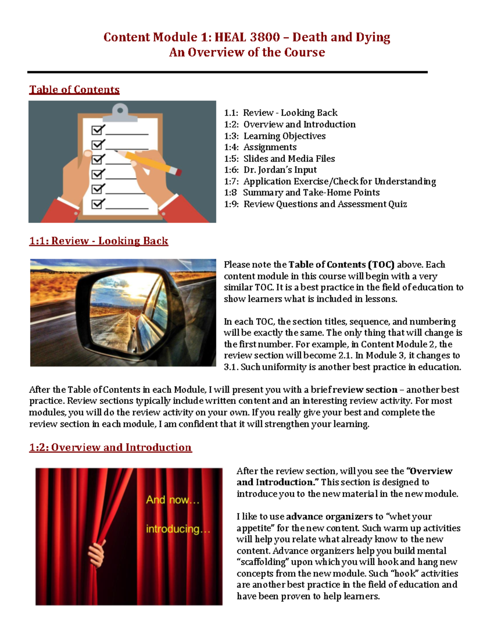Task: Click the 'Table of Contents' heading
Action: [74, 89]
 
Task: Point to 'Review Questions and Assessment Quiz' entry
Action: [325, 204]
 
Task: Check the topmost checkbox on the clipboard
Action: [98, 130]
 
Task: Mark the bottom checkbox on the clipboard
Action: [98, 204]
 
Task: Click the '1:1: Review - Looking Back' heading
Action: [98, 241]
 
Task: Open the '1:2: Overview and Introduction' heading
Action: [110, 447]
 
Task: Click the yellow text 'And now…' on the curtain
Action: [172, 500]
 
